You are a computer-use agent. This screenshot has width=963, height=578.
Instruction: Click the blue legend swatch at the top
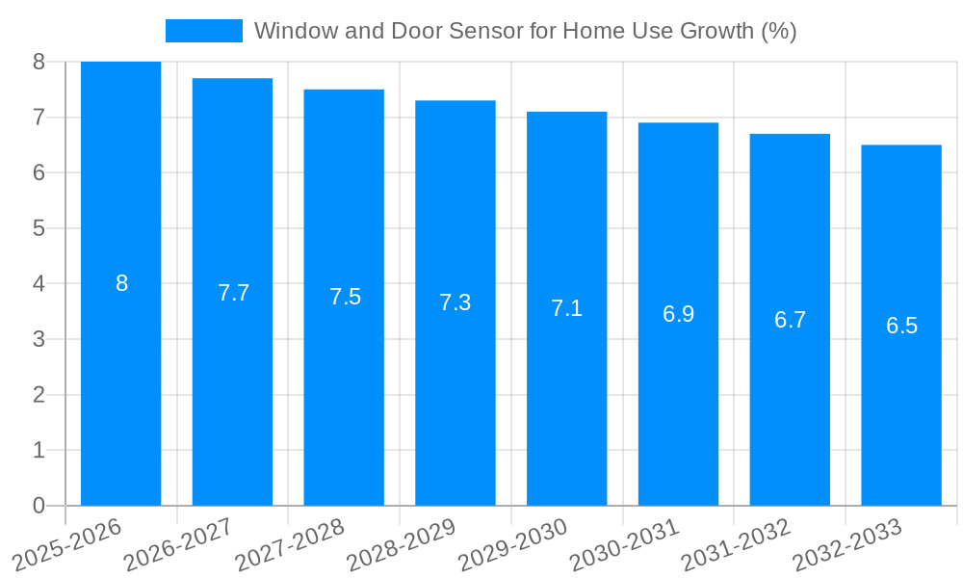click(x=203, y=31)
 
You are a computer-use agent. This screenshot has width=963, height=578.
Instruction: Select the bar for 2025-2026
click(x=121, y=385)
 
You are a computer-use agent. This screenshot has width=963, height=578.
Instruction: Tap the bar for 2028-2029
click(x=455, y=405)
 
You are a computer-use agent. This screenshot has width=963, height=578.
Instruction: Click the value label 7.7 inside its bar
click(x=233, y=293)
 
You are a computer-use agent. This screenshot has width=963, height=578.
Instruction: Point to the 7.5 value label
click(x=345, y=297)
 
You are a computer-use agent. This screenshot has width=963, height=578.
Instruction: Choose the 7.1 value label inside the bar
click(x=566, y=308)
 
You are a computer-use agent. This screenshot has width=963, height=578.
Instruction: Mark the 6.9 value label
click(x=678, y=314)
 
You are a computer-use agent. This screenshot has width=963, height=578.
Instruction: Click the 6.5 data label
click(x=901, y=326)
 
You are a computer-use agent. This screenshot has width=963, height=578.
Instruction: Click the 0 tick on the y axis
click(x=39, y=506)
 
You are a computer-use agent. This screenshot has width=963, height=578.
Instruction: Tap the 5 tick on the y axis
click(x=39, y=228)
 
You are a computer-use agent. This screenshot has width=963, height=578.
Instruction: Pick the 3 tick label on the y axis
click(x=39, y=339)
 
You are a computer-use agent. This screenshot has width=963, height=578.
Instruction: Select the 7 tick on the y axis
click(x=39, y=118)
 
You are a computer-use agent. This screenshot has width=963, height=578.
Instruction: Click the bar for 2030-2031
click(x=678, y=414)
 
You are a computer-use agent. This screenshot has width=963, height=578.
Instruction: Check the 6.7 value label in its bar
click(x=790, y=320)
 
